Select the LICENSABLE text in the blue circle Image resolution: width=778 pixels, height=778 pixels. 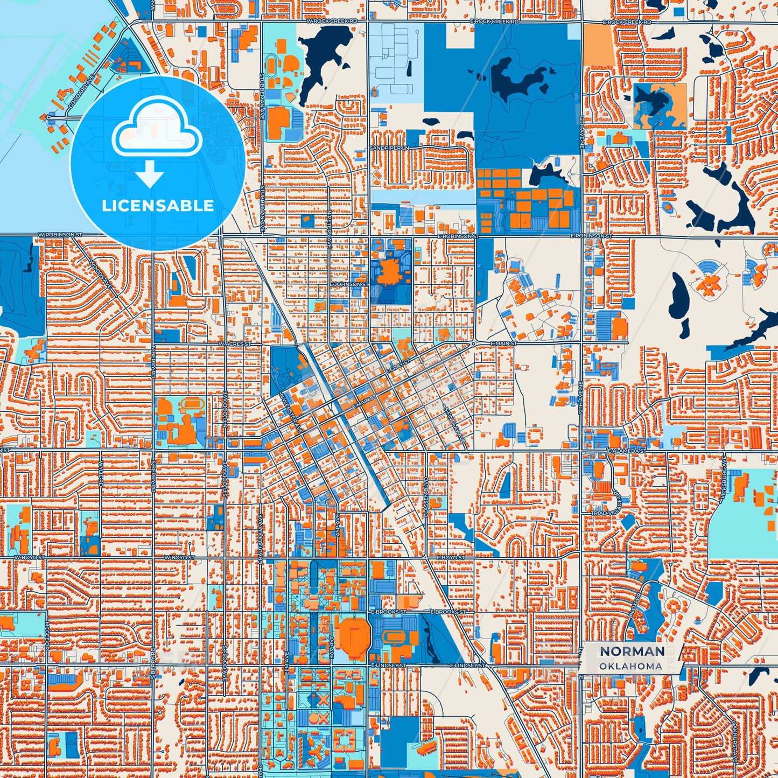point(158,206)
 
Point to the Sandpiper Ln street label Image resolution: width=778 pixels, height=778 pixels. point(389,148)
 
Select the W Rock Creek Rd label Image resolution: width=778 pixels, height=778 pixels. point(332,22)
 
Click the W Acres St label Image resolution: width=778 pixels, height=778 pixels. point(234,343)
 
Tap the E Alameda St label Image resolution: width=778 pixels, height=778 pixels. point(626,450)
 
